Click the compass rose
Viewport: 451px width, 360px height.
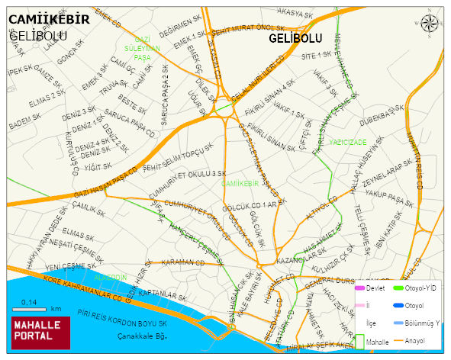click(x=430, y=24)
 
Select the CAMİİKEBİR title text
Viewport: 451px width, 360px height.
click(x=49, y=19)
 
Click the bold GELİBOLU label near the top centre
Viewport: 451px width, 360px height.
click(x=295, y=38)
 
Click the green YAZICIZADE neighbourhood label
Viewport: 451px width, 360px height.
click(x=348, y=143)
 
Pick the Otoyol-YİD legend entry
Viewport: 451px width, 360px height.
click(x=417, y=288)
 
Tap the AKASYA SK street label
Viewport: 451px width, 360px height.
click(x=295, y=14)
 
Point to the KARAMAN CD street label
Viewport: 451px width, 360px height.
click(x=181, y=262)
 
